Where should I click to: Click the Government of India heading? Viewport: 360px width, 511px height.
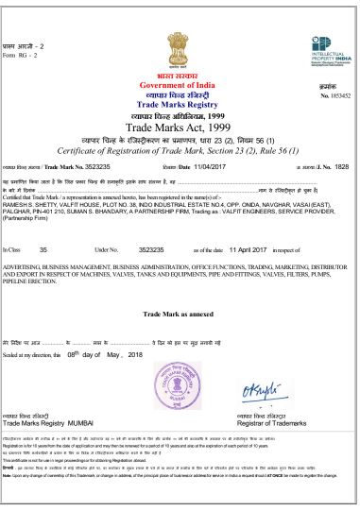177,85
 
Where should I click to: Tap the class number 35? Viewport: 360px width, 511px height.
43,249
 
